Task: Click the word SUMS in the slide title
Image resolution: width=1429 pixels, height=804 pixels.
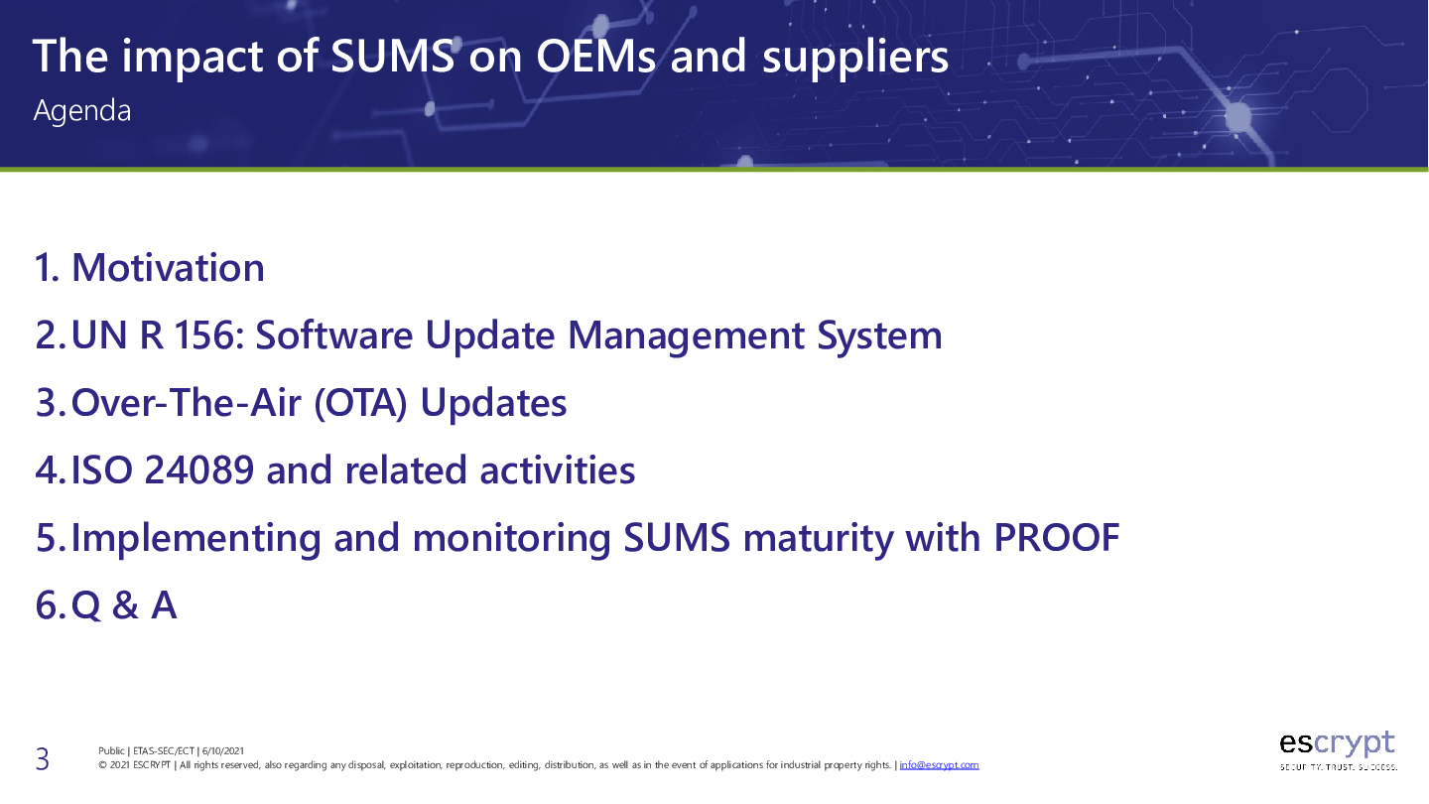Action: tap(392, 57)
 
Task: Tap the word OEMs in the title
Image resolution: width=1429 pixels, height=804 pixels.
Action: tap(595, 57)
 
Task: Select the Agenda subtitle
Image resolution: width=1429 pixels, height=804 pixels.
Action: tap(82, 111)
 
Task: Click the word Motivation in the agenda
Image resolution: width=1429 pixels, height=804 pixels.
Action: tap(168, 267)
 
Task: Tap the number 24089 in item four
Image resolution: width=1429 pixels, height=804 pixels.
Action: tap(199, 470)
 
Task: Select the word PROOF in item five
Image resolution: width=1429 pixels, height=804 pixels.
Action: tap(1057, 538)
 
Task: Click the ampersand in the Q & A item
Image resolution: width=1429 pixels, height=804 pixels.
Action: tap(125, 605)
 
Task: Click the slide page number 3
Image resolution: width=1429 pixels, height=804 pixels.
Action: tap(42, 759)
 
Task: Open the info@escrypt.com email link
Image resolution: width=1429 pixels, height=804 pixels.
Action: tap(939, 765)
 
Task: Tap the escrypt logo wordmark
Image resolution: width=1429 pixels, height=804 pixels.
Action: tap(1337, 742)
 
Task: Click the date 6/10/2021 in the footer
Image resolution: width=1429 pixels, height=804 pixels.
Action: tap(223, 751)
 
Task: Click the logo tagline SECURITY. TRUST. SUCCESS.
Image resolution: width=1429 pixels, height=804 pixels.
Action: tap(1339, 767)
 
